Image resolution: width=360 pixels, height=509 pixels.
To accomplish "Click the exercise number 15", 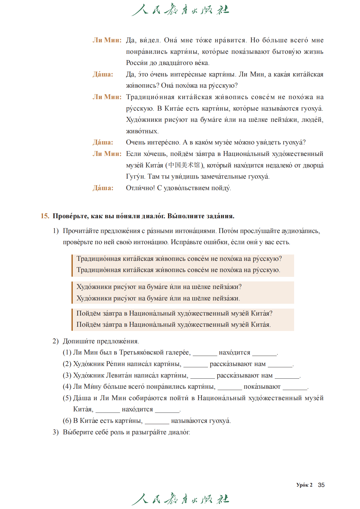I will coord(45,216).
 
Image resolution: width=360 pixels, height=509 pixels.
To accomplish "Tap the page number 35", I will coord(321,485).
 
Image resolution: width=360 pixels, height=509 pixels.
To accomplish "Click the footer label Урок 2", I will coord(304,485).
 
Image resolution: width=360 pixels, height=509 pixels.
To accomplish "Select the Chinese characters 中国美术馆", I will coord(184,165).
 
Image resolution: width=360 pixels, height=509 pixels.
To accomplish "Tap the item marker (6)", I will coord(67,421).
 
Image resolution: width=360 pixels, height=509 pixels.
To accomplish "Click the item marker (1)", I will coord(67,352).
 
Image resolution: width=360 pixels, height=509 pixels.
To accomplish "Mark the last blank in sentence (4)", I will coord(295,387).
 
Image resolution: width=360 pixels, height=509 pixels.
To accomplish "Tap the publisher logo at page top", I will coord(180,10).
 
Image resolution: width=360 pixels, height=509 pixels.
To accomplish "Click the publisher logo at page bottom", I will coord(180,499).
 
